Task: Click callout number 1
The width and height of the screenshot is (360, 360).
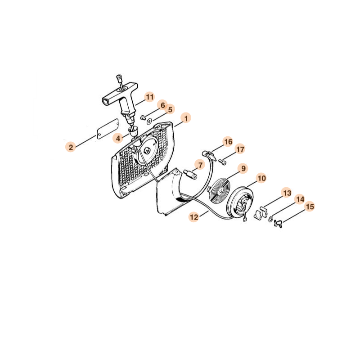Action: pyautogui.click(x=186, y=118)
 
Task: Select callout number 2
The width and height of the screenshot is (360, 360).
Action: pyautogui.click(x=71, y=147)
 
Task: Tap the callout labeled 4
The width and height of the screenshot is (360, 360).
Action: pyautogui.click(x=118, y=139)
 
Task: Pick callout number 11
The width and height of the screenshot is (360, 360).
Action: pyautogui.click(x=150, y=97)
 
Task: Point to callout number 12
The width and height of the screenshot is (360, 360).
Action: pyautogui.click(x=194, y=217)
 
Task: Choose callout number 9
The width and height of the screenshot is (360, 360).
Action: pyautogui.click(x=243, y=168)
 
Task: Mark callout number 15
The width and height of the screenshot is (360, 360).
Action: pyautogui.click(x=310, y=207)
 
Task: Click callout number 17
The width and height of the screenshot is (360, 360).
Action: pyautogui.click(x=240, y=149)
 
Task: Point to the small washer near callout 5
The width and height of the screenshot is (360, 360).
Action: pyautogui.click(x=149, y=121)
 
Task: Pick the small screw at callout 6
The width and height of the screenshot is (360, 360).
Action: pyautogui.click(x=143, y=118)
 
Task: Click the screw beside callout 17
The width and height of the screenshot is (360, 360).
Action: pyautogui.click(x=222, y=162)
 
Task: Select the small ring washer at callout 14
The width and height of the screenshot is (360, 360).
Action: pyautogui.click(x=271, y=220)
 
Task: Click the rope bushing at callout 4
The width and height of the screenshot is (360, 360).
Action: pyautogui.click(x=133, y=131)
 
